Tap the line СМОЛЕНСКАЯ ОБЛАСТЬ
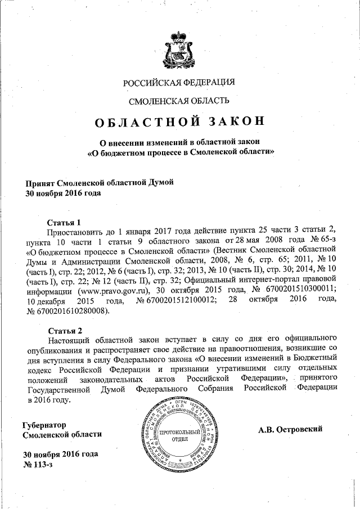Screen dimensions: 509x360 (179, 102)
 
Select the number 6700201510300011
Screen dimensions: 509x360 (301, 291)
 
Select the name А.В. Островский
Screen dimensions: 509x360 (290, 429)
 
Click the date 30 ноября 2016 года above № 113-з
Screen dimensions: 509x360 (60, 454)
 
